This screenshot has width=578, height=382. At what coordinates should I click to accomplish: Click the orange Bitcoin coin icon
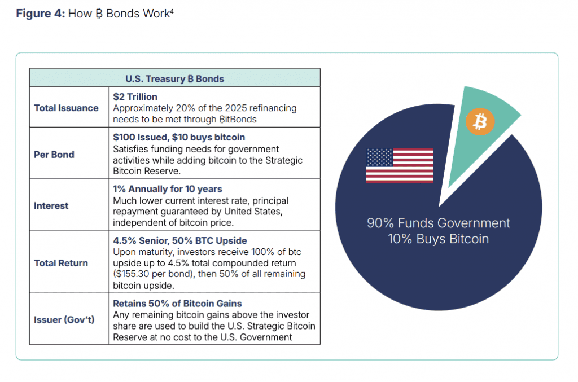pyautogui.click(x=480, y=121)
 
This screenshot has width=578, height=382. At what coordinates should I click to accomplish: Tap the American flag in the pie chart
pyautogui.click(x=400, y=165)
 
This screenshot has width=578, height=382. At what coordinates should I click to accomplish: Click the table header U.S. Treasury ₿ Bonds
pyautogui.click(x=175, y=79)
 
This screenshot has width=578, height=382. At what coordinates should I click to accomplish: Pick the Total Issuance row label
pyautogui.click(x=67, y=108)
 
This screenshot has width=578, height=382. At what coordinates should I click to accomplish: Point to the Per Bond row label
pyautogui.click(x=54, y=155)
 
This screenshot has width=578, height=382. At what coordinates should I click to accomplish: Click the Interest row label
pyautogui.click(x=51, y=205)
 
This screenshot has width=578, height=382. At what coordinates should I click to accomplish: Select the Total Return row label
pyautogui.click(x=61, y=263)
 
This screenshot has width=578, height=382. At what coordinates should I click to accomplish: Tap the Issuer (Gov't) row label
pyautogui.click(x=64, y=320)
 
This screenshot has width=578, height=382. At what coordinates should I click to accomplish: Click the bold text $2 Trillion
pyautogui.click(x=135, y=96)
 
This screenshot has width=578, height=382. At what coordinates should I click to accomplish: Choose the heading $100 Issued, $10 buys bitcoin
pyautogui.click(x=179, y=137)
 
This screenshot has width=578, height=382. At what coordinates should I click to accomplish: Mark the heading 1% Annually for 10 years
pyautogui.click(x=168, y=189)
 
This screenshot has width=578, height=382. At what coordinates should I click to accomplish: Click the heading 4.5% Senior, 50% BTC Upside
pyautogui.click(x=180, y=240)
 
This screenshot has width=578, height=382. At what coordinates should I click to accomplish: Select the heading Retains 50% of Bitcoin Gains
pyautogui.click(x=177, y=304)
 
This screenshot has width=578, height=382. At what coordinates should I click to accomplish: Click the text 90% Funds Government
pyautogui.click(x=439, y=223)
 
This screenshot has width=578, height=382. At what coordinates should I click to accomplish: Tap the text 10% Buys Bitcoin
pyautogui.click(x=439, y=239)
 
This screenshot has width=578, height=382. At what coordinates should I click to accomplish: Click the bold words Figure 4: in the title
pyautogui.click(x=41, y=14)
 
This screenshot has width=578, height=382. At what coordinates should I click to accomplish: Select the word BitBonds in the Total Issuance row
pyautogui.click(x=238, y=120)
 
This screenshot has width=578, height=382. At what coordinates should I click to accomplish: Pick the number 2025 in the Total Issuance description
pyautogui.click(x=235, y=108)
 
